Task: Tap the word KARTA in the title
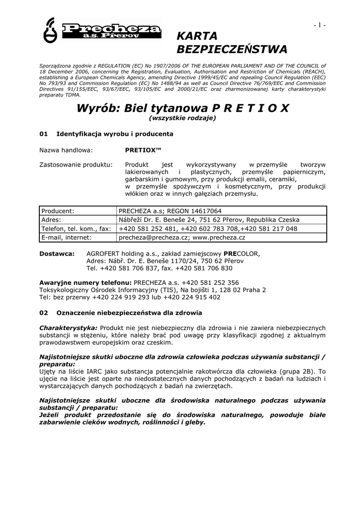197,36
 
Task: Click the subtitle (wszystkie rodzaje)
182,118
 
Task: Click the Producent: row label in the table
58,211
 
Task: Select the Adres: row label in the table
51,220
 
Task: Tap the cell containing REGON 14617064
170,211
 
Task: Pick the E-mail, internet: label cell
66,238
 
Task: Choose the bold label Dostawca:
57,253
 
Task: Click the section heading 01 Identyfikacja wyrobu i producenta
106,134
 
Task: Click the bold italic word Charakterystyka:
68,328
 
